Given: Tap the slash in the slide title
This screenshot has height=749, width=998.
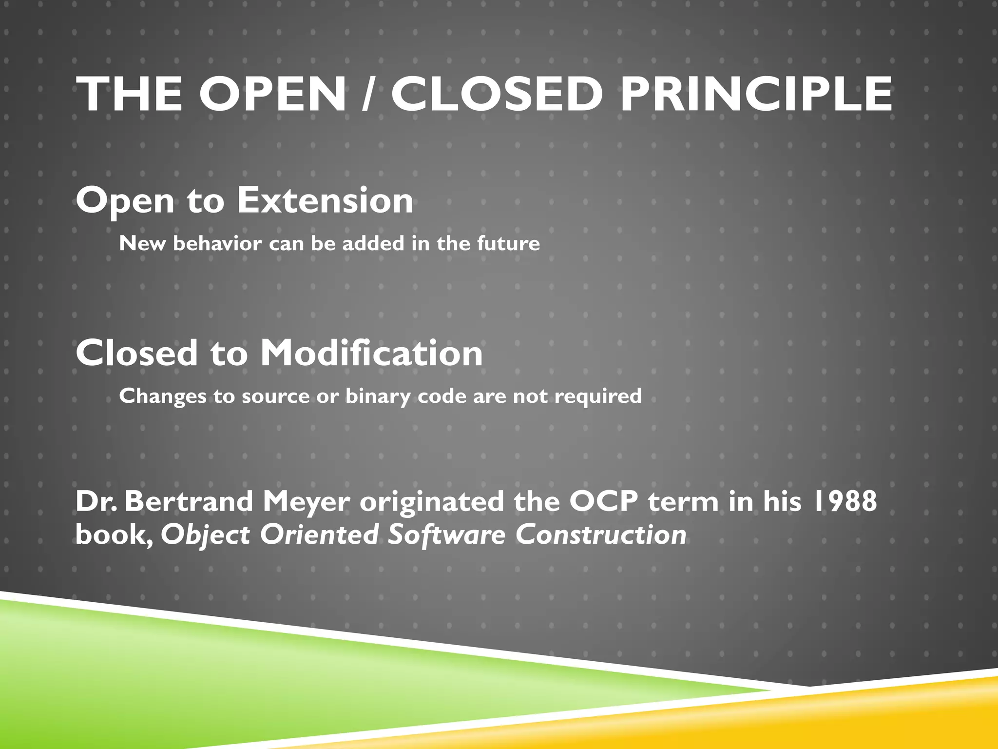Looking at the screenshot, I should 369,95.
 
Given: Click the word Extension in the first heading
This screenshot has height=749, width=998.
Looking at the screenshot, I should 325,200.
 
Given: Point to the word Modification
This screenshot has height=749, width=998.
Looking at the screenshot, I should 371,353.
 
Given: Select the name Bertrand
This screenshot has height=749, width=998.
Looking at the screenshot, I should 189,501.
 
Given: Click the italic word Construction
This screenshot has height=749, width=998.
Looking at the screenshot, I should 600,534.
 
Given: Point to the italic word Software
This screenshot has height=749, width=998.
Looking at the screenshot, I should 446,534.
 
